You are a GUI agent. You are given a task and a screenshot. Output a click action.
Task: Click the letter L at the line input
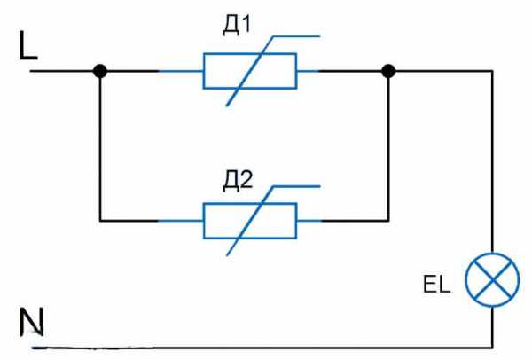28,47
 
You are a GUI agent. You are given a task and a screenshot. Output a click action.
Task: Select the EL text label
436,286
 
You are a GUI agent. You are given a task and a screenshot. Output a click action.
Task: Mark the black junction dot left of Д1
100,71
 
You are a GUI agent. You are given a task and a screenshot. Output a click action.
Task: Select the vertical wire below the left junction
100,146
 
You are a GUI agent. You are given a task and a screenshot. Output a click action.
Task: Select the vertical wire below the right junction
388,146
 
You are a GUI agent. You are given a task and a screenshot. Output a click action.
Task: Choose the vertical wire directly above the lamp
492,160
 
